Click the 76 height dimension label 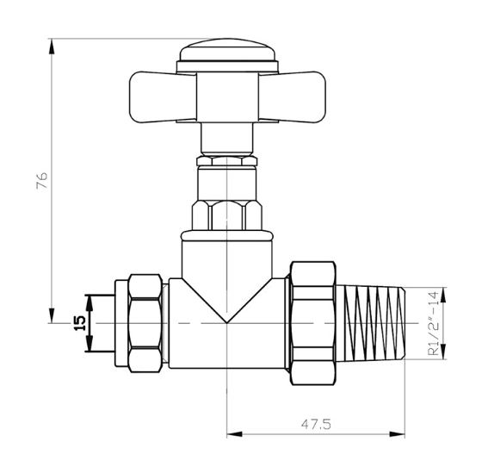point(41,180)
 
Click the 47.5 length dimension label point(316,424)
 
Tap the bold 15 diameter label point(80,323)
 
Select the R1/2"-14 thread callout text point(434,323)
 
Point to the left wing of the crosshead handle point(163,97)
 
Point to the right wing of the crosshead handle point(292,97)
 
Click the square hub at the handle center point(227,97)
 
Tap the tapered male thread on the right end point(371,323)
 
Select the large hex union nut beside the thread point(313,323)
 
